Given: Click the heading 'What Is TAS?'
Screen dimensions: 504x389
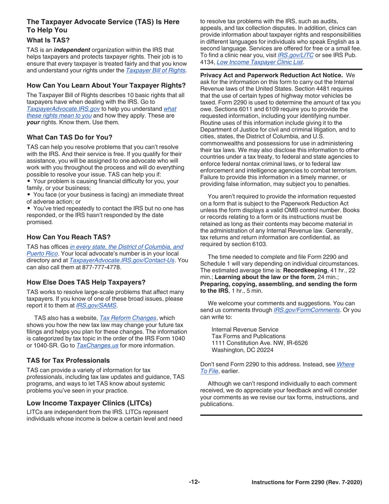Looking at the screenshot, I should [x=48, y=41].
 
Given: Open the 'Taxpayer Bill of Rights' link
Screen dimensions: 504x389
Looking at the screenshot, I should [x=156, y=70].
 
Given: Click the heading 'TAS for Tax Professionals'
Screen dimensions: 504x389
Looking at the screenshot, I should [x=68, y=361].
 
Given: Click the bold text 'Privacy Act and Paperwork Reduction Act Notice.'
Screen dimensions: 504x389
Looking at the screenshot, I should [x=271, y=75].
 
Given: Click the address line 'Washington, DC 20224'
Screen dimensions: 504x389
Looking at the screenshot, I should [x=242, y=350].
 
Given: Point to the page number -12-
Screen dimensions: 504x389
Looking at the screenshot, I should [x=194, y=482].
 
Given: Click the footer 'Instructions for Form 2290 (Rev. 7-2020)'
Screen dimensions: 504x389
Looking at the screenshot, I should [x=307, y=483].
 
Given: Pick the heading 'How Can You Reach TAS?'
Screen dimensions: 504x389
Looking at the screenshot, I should [x=68, y=237].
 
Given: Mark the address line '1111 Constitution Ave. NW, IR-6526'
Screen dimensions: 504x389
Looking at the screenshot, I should [x=260, y=343].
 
